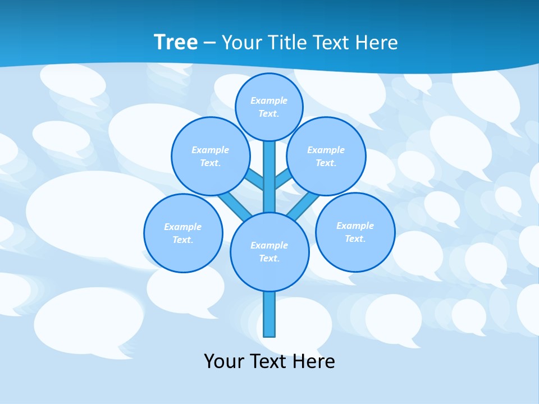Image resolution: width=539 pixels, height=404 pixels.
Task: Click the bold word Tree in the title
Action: [x=176, y=42]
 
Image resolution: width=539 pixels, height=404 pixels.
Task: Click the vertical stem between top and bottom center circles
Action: [x=269, y=177]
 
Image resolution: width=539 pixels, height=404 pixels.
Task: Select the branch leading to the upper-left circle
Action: [x=254, y=178]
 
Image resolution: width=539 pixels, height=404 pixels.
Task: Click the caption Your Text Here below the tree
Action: [x=269, y=361]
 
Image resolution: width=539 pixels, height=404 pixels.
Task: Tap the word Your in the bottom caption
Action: [x=224, y=361]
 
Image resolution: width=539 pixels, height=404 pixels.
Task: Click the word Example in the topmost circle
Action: [x=269, y=100]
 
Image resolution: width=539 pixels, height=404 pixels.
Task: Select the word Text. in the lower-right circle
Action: [x=355, y=238]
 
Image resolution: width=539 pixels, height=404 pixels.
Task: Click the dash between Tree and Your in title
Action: [x=209, y=43]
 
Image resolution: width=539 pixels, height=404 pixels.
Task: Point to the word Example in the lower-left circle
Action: [x=182, y=227]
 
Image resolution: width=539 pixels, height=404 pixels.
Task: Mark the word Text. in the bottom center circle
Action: [x=269, y=258]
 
